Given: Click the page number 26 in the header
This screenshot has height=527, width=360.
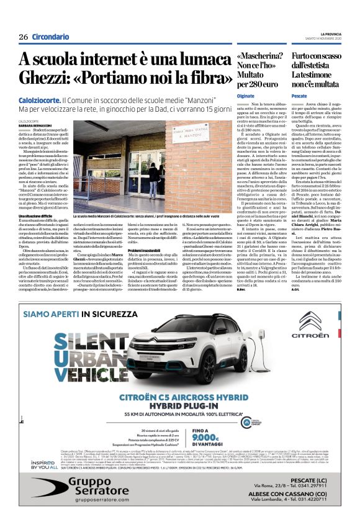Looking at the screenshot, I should (x=24, y=37).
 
